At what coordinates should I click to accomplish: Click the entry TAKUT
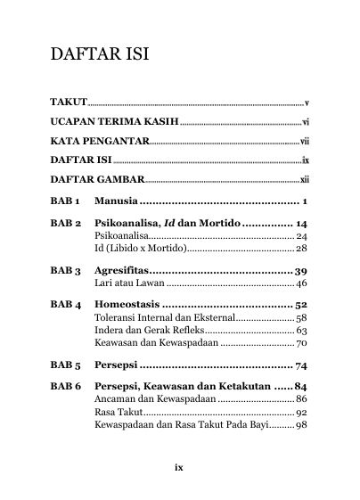tap(68, 104)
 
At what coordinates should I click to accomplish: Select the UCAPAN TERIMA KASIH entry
tap(115, 123)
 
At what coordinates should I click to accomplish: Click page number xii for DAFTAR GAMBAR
tap(303, 179)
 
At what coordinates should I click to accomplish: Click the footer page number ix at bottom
tap(178, 464)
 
